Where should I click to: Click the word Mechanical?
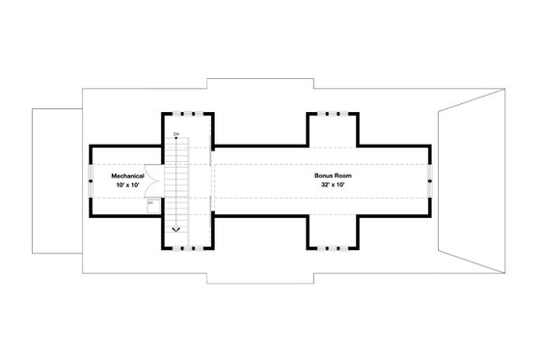(x=127, y=176)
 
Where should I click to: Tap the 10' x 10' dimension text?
(x=127, y=184)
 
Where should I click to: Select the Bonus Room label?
(x=330, y=176)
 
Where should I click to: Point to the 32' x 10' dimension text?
(x=330, y=184)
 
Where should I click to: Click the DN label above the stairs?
(x=176, y=134)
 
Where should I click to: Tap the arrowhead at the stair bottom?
(x=176, y=231)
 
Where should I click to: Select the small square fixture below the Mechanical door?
(x=152, y=204)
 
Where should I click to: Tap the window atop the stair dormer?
(x=186, y=114)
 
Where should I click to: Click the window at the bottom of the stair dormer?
(x=186, y=247)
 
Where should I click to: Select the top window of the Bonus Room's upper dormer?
(x=334, y=114)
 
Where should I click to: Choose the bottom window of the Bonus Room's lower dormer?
(x=334, y=247)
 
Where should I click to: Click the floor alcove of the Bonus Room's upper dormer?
(x=334, y=130)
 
